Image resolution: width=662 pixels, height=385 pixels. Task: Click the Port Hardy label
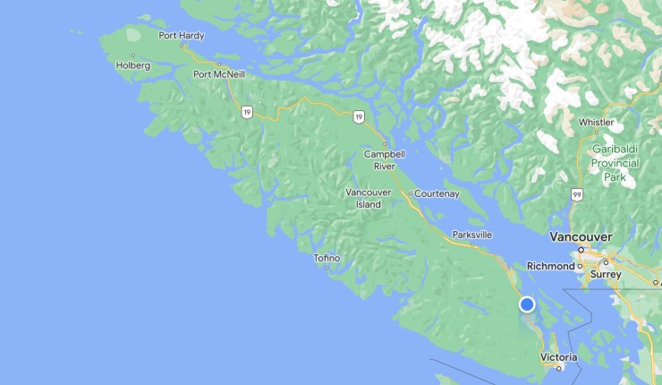[x=181, y=36]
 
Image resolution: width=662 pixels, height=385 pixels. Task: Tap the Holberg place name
[x=133, y=65]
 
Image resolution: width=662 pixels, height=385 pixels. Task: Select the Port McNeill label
[x=219, y=73]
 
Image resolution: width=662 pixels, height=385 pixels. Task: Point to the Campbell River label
[x=385, y=159]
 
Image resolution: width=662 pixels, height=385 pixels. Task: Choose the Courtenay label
[x=437, y=192]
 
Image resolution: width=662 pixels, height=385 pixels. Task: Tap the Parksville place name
[x=472, y=234]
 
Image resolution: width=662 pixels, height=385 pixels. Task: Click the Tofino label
[x=327, y=258]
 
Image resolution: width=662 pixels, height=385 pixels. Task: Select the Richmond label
[x=550, y=266]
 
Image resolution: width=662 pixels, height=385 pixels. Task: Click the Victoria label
[x=559, y=357]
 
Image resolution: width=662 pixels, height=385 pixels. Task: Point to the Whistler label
[x=596, y=122]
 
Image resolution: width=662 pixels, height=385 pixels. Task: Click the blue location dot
[x=527, y=304]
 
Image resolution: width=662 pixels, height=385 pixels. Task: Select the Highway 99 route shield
[x=578, y=193]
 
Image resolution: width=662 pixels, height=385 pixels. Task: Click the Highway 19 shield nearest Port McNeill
[x=246, y=111]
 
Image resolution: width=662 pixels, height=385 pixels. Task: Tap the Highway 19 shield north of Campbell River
[x=358, y=116]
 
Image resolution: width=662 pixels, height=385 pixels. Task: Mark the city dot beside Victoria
[x=559, y=367]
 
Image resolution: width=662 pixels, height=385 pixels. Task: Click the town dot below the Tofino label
[x=327, y=267]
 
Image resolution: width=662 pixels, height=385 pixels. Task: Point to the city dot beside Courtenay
[x=411, y=193]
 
